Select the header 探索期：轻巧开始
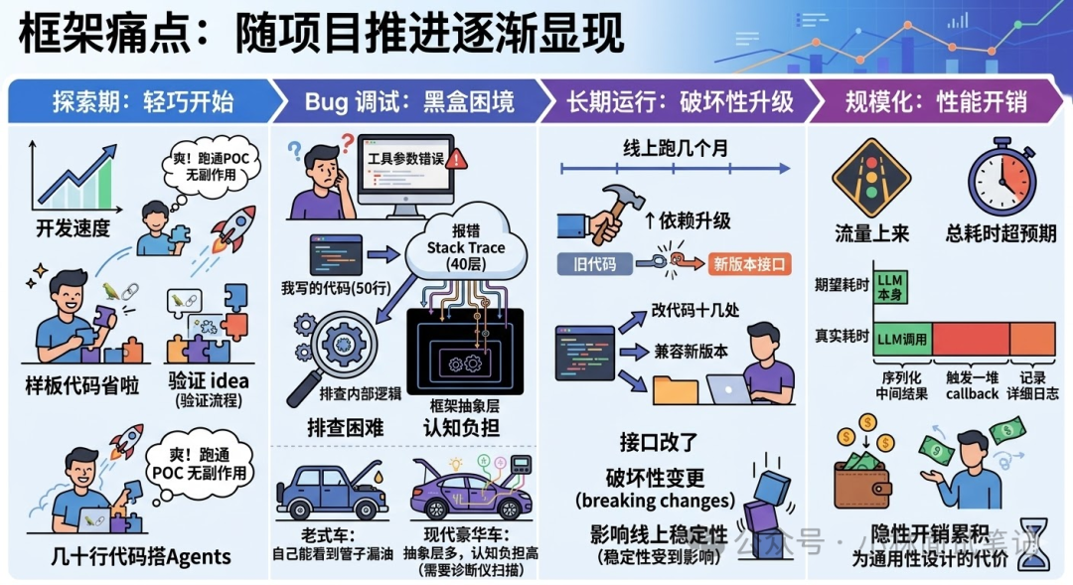tap(142, 100)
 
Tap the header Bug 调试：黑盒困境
tap(409, 100)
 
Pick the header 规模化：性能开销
tap(935, 100)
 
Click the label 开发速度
tap(73, 228)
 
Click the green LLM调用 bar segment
tap(901, 339)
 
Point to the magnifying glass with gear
tap(333, 353)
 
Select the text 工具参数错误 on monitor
tap(404, 157)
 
